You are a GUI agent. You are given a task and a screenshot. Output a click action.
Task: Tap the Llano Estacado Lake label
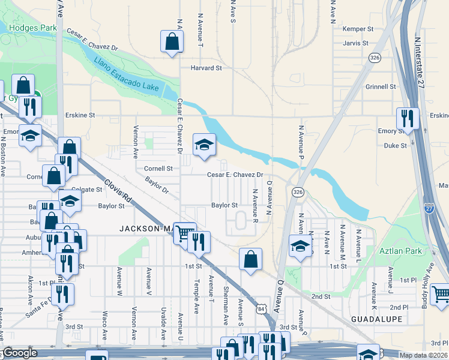pos(127,75)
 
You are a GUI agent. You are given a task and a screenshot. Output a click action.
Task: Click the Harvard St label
pos(206,68)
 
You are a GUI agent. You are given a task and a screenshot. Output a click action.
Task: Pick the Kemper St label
pos(358,29)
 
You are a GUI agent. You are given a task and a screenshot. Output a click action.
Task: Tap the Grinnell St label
pos(381,86)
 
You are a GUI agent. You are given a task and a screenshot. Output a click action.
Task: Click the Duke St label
pos(396,145)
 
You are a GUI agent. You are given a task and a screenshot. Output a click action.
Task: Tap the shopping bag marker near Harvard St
pos(172,41)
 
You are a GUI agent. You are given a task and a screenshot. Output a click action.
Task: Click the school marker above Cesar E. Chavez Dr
pos(204,144)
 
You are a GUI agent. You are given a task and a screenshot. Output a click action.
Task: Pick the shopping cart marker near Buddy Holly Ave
pos(441,293)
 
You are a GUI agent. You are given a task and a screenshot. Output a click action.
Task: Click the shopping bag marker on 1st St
pos(251,259)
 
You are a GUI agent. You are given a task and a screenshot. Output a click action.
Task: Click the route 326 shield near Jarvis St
pos(375,58)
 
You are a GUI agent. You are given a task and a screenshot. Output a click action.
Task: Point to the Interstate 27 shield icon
pos(429,209)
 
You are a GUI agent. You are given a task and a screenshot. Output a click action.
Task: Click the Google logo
pos(20,353)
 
